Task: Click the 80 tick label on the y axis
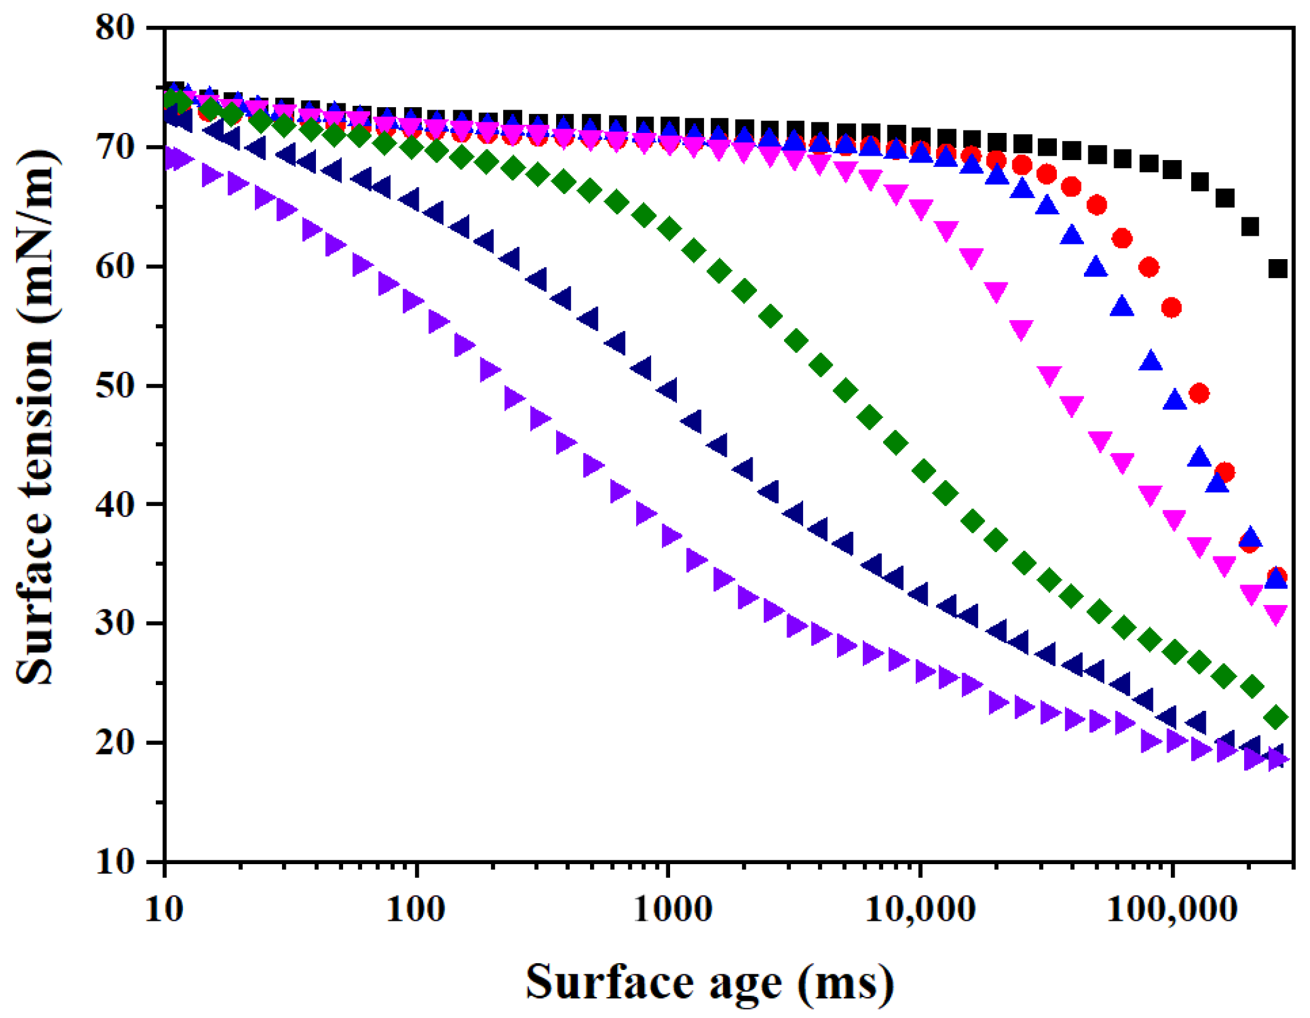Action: (115, 28)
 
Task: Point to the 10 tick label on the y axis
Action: (115, 862)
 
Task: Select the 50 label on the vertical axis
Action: (115, 386)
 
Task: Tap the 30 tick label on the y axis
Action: (115, 623)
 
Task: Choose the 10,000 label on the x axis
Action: (920, 910)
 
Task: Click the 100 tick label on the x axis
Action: (416, 910)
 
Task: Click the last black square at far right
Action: (1278, 268)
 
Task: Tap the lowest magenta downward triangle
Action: (1276, 614)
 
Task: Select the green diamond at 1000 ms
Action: (669, 229)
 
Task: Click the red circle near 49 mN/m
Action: (1199, 393)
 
